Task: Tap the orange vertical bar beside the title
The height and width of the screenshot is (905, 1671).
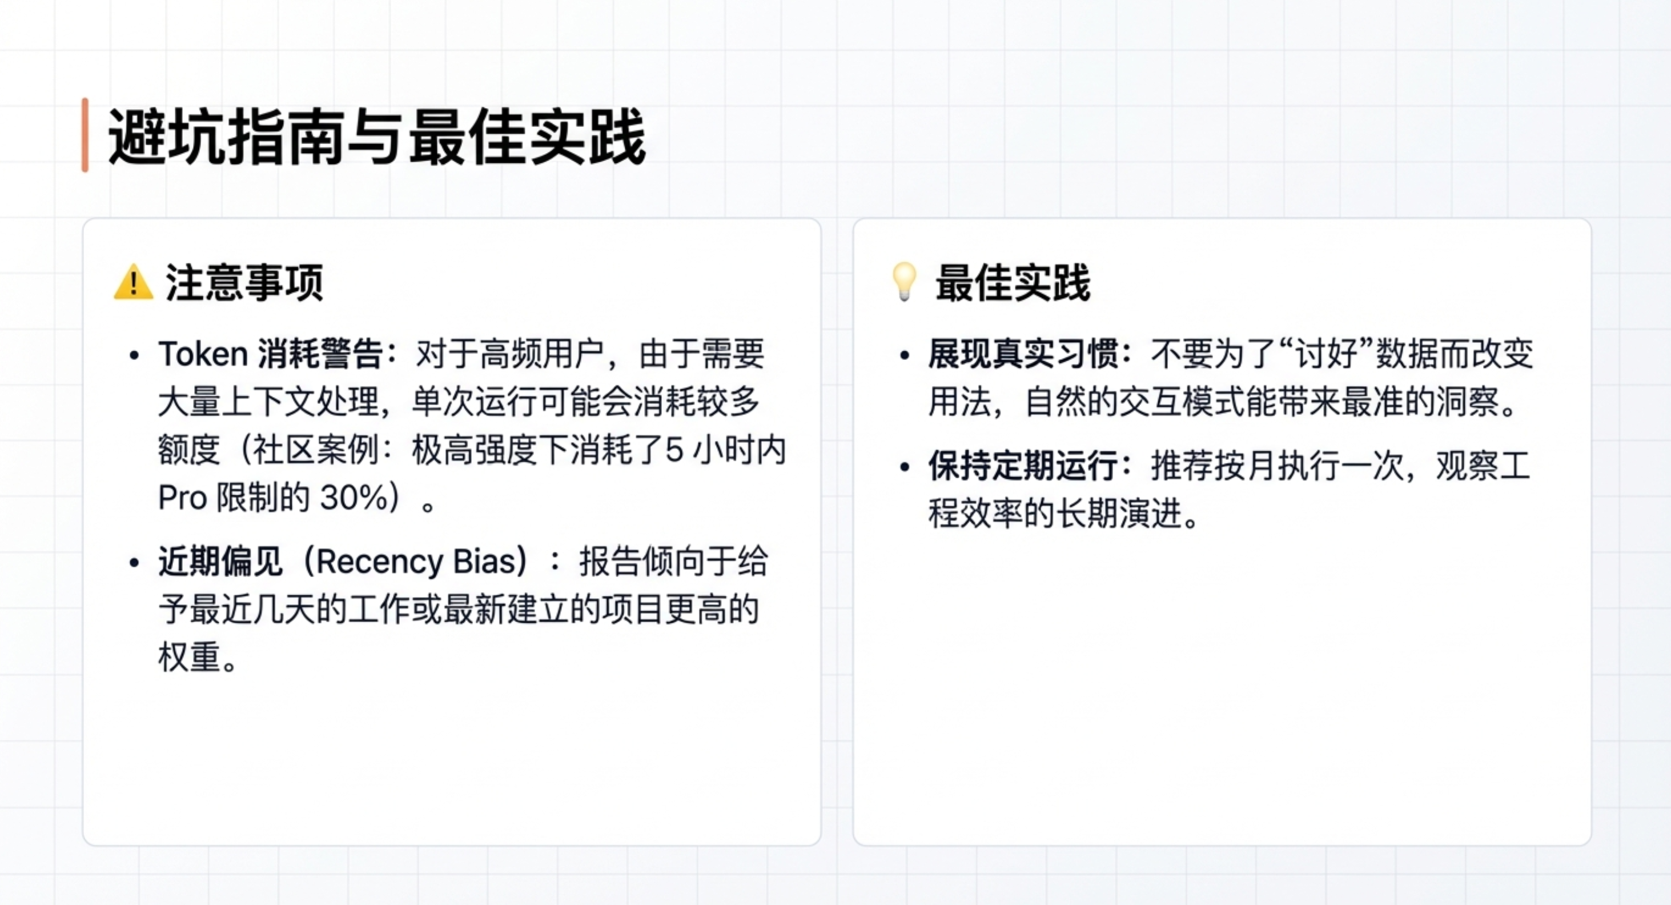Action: click(85, 135)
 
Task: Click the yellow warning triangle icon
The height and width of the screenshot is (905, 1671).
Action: click(134, 282)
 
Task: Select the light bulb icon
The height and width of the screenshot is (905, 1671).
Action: click(904, 282)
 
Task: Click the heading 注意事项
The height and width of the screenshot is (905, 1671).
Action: click(244, 283)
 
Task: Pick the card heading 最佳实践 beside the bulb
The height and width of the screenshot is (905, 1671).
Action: click(1013, 283)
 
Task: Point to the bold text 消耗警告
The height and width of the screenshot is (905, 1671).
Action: click(320, 354)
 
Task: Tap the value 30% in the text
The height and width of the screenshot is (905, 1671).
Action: click(355, 498)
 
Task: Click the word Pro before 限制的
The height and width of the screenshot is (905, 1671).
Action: click(182, 498)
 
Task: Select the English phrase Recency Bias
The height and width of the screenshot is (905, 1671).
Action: click(415, 562)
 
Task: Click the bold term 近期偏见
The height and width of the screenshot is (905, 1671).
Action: click(220, 562)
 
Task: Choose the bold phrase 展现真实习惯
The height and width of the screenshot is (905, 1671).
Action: click(1022, 354)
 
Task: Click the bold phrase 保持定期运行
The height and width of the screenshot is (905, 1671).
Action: click(1022, 466)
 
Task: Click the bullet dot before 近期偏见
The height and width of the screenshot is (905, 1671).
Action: click(134, 562)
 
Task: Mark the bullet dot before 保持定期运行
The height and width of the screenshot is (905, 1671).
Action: click(905, 466)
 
